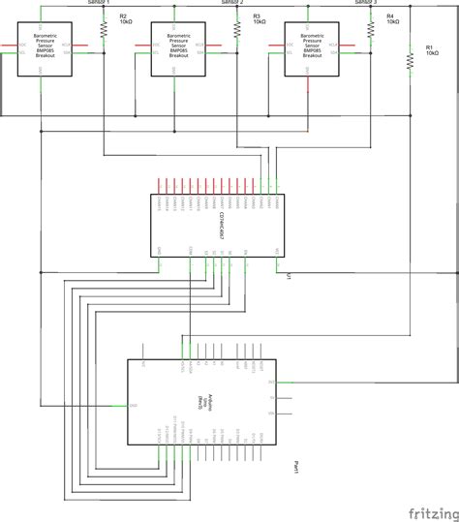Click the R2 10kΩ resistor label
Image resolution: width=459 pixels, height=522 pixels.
pyautogui.click(x=125, y=20)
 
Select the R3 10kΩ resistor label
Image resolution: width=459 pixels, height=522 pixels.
pyautogui.click(x=260, y=20)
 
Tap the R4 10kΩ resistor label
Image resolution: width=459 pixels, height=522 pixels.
pyautogui.click(x=393, y=20)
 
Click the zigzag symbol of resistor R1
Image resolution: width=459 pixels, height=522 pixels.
pyautogui.click(x=410, y=61)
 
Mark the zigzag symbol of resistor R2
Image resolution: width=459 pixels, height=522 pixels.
pyautogui.click(x=104, y=31)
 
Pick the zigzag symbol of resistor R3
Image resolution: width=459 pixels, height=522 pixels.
pyautogui.click(x=237, y=31)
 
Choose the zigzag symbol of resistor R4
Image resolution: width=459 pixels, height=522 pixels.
pyautogui.click(x=372, y=31)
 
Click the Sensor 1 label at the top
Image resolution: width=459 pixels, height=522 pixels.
pyautogui.click(x=99, y=4)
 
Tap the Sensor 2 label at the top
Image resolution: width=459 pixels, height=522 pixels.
pyautogui.click(x=232, y=4)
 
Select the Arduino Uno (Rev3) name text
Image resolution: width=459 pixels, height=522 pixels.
pyautogui.click(x=200, y=398)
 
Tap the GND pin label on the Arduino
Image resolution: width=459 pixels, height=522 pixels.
pyautogui.click(x=134, y=405)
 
